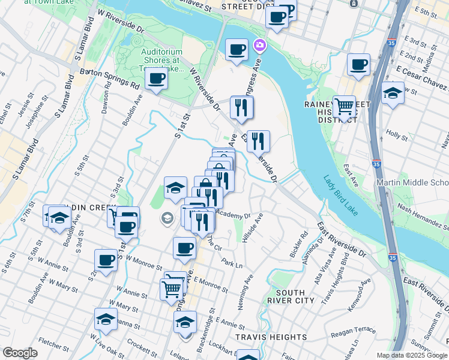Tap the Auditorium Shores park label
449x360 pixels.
[x=161, y=60]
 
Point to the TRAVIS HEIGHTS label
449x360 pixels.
[x=263, y=337]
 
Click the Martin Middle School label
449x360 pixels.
[x=412, y=182]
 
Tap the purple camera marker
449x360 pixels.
[x=259, y=45]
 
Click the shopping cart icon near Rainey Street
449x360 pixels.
[x=344, y=107]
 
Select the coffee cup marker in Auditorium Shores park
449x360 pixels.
[x=157, y=78]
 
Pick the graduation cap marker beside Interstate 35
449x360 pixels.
[x=393, y=93]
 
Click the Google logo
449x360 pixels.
[x=20, y=353]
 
